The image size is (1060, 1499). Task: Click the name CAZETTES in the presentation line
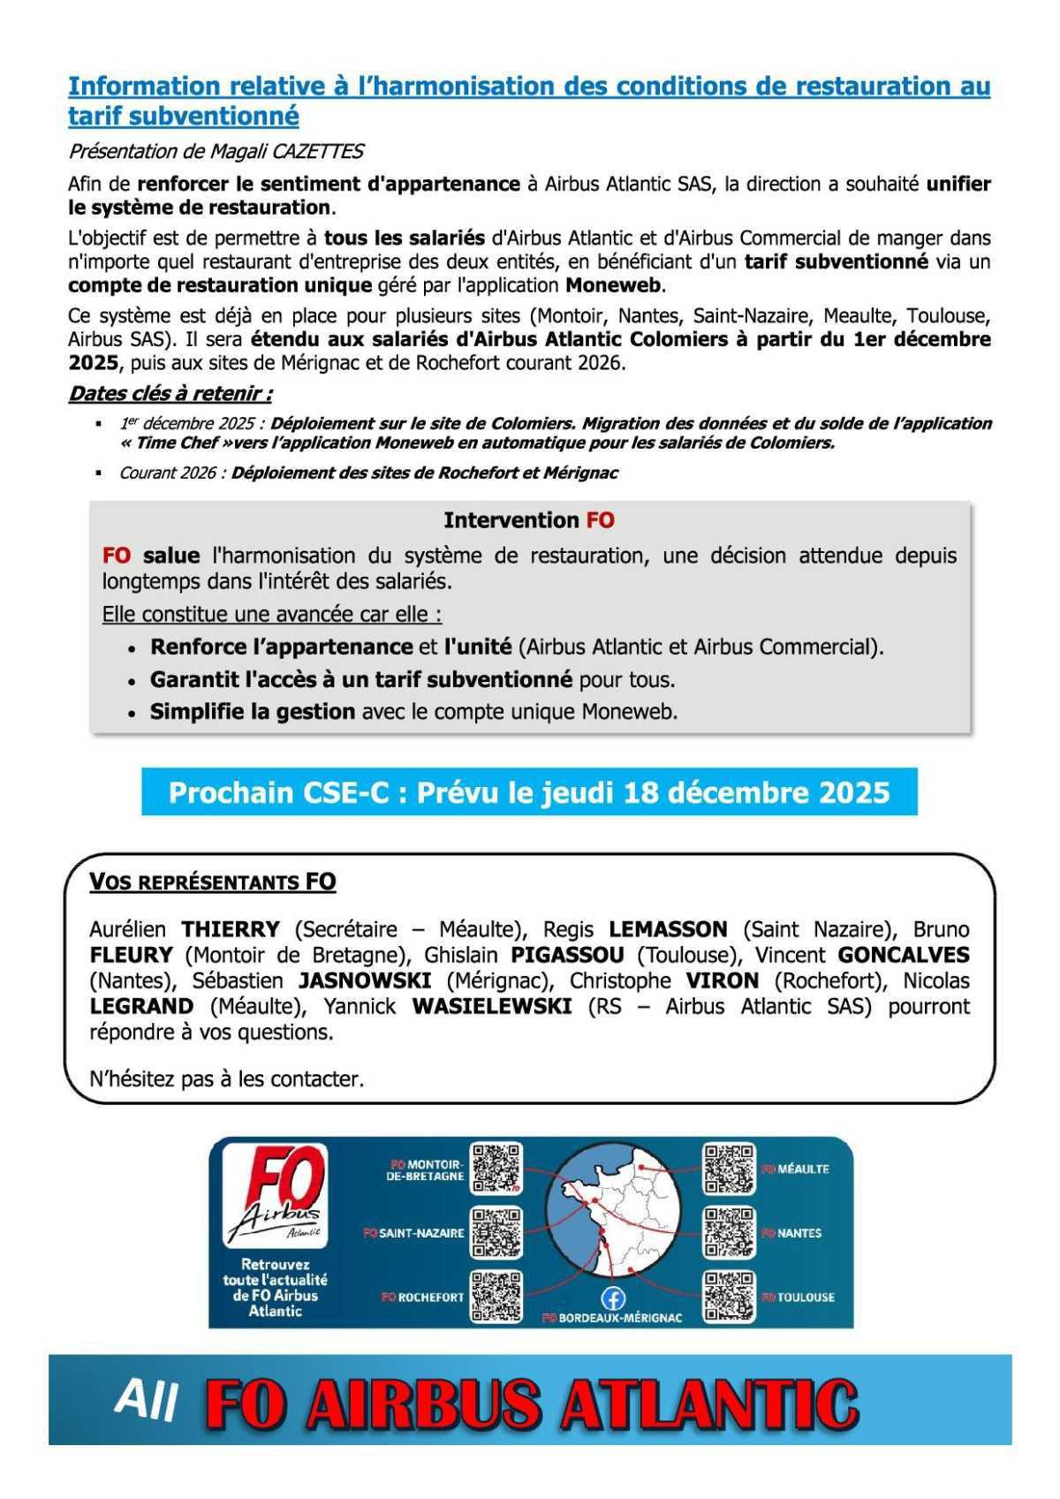pos(323,152)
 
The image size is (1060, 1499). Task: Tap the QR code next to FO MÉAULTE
pos(730,1168)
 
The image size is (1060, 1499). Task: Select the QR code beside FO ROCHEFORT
pos(496,1297)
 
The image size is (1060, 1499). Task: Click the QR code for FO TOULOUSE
pos(730,1297)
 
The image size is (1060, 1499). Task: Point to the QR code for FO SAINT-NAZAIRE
pos(496,1232)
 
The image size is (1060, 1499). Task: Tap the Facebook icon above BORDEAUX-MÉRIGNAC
pos(612,1298)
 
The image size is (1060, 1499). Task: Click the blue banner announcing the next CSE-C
pos(529,792)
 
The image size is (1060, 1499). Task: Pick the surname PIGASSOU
pos(567,955)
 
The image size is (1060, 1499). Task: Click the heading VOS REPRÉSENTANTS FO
pos(213,882)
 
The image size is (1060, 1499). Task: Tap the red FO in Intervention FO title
pos(600,520)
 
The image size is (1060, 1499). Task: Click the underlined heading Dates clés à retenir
pos(170,393)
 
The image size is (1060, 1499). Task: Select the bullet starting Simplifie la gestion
pos(413,711)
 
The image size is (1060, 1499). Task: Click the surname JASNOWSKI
pos(365,980)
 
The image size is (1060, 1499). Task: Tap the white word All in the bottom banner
pos(146,1400)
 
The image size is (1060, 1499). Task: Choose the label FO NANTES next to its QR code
pos(792,1233)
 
